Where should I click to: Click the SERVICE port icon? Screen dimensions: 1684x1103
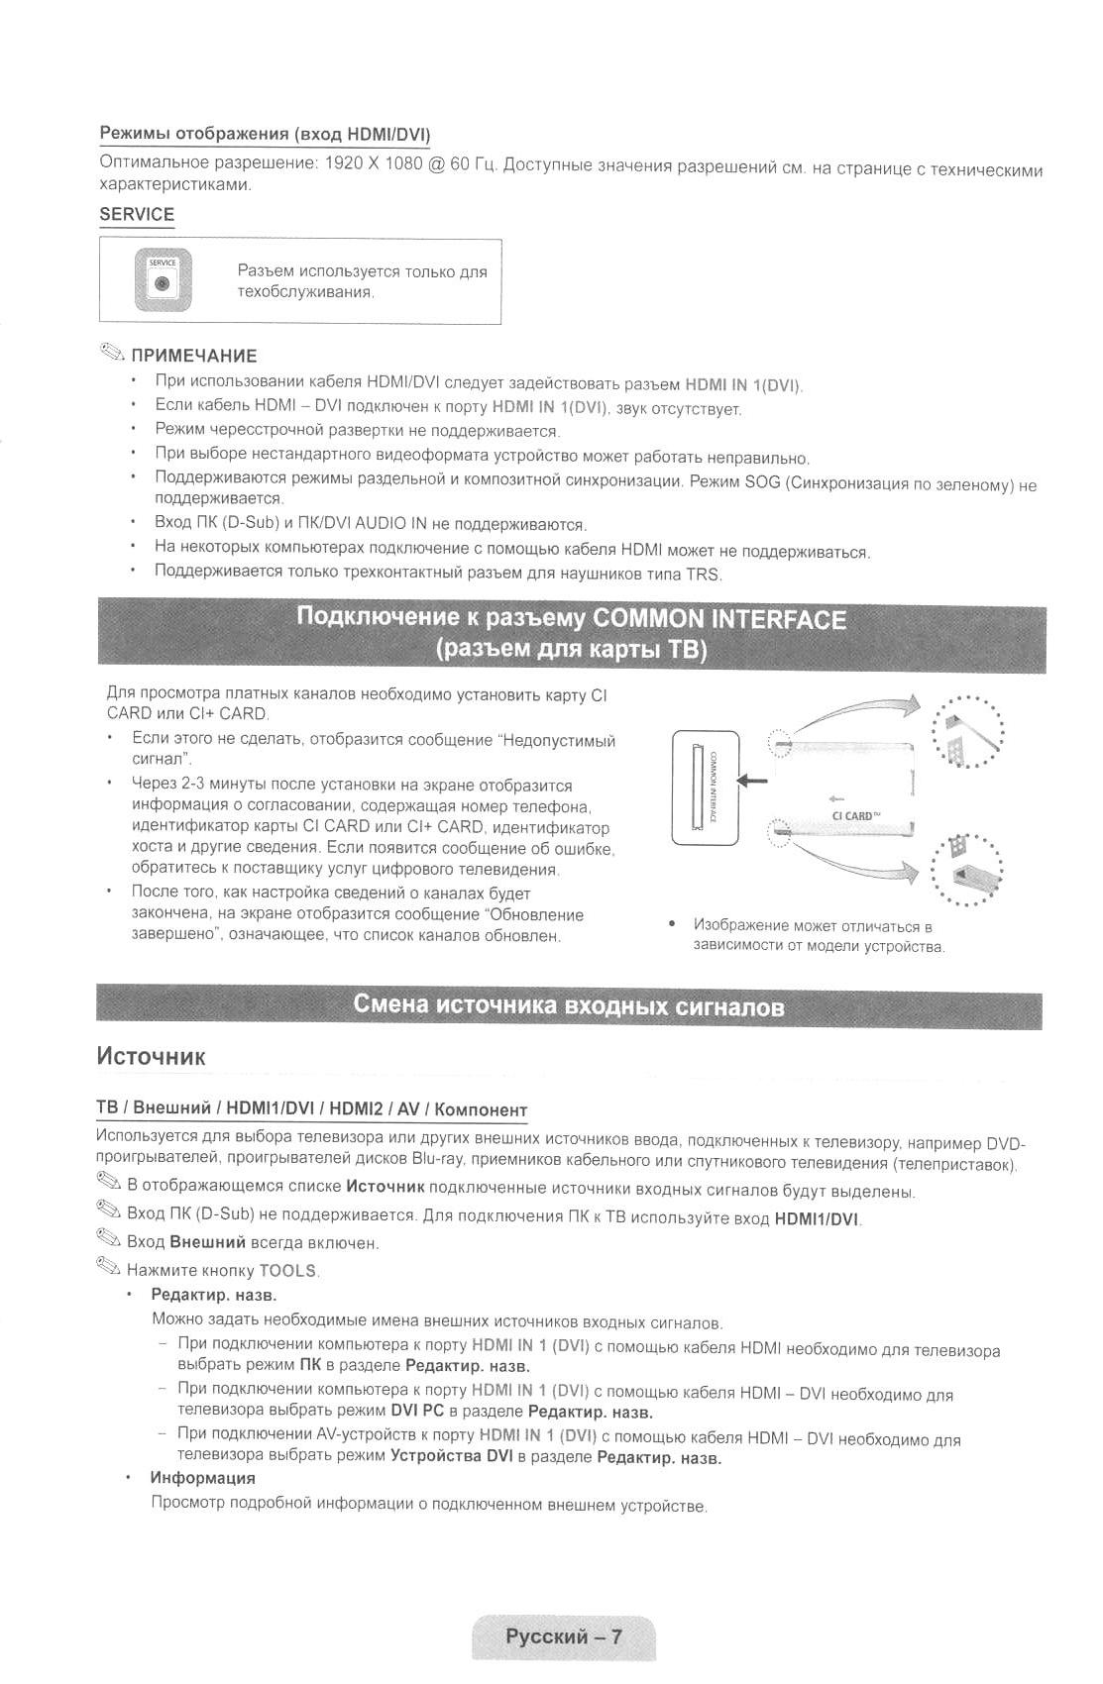click(x=163, y=281)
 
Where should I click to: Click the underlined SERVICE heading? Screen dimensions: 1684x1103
click(x=137, y=215)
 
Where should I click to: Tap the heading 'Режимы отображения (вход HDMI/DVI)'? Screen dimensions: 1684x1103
click(x=264, y=135)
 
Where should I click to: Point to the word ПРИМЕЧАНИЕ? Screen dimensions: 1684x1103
click(x=194, y=356)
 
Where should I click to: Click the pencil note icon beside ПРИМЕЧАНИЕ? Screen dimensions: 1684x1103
click(x=112, y=354)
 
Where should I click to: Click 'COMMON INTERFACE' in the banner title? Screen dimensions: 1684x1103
click(x=718, y=620)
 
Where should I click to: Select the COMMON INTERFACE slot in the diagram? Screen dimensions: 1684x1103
click(x=706, y=788)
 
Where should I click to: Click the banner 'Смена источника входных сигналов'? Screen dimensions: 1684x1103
click(x=569, y=1007)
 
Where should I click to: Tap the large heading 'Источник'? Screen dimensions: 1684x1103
click(x=151, y=1056)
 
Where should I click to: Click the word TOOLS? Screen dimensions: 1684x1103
click(x=287, y=1271)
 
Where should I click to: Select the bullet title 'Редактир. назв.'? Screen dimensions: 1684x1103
click(x=213, y=1295)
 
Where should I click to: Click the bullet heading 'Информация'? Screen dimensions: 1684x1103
click(x=202, y=1478)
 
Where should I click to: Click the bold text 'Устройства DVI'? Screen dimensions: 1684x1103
click(x=451, y=1456)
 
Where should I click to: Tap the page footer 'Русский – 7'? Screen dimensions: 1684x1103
click(x=563, y=1636)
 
